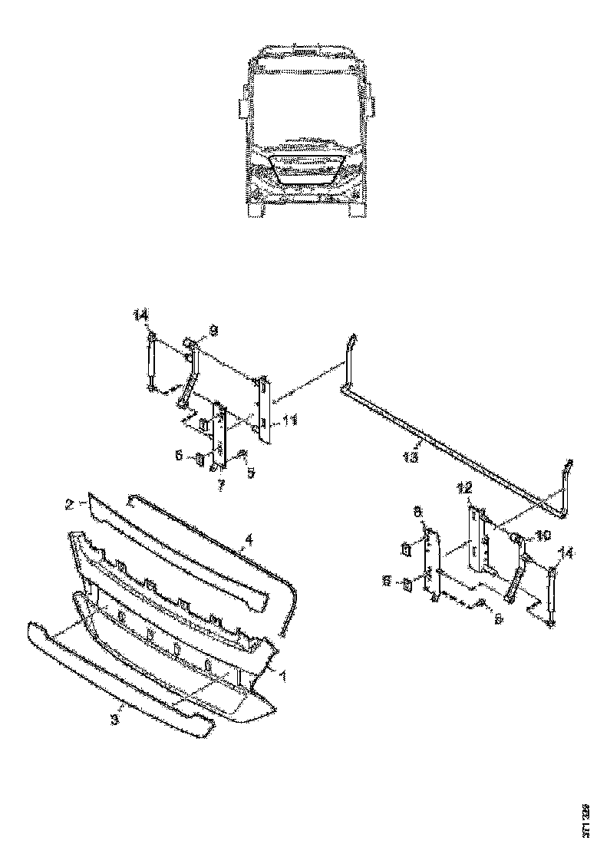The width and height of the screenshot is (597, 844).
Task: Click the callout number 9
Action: pyautogui.click(x=213, y=331)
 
